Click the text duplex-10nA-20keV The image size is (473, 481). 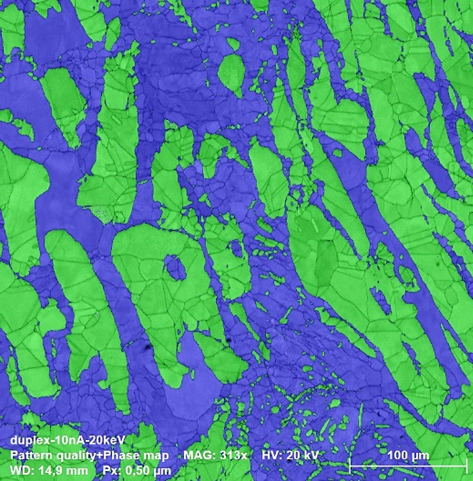68,440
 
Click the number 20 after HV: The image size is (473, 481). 294,455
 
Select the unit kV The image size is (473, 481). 311,455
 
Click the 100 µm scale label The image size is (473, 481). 408,455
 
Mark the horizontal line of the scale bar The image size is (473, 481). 408,466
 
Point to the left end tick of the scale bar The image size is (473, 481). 350,466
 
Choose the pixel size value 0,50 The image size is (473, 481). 139,471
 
